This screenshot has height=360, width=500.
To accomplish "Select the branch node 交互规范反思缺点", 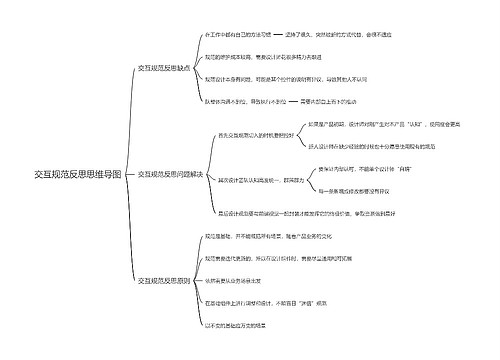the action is pyautogui.click(x=164, y=67).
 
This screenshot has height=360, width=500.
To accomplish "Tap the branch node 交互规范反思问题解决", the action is pyautogui.click(x=171, y=174).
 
